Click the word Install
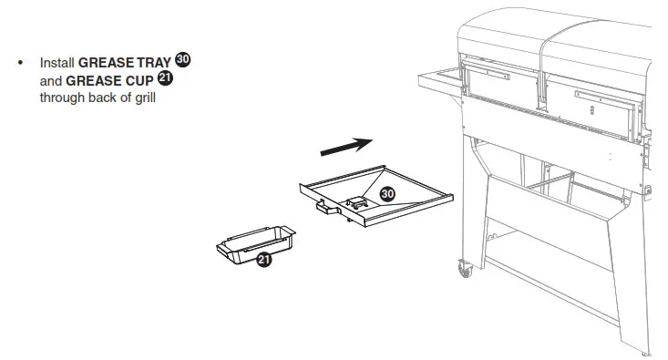point(57,63)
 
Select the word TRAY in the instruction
point(153,63)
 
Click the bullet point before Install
point(19,63)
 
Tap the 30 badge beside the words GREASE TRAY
point(183,60)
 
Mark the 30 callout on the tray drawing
point(386,194)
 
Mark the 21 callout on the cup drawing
point(263,259)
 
